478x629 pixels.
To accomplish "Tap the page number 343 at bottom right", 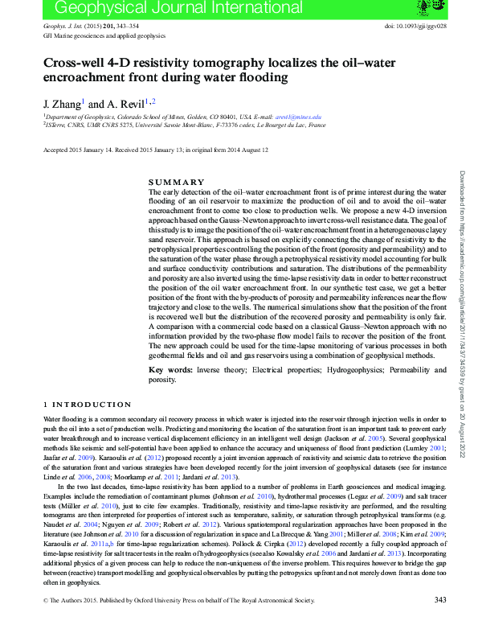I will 439,622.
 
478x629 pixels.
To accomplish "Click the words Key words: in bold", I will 170,370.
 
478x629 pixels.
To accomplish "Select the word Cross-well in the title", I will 76,64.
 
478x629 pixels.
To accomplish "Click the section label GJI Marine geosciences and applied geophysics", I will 104,36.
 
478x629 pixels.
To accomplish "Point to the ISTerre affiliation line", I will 184,125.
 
